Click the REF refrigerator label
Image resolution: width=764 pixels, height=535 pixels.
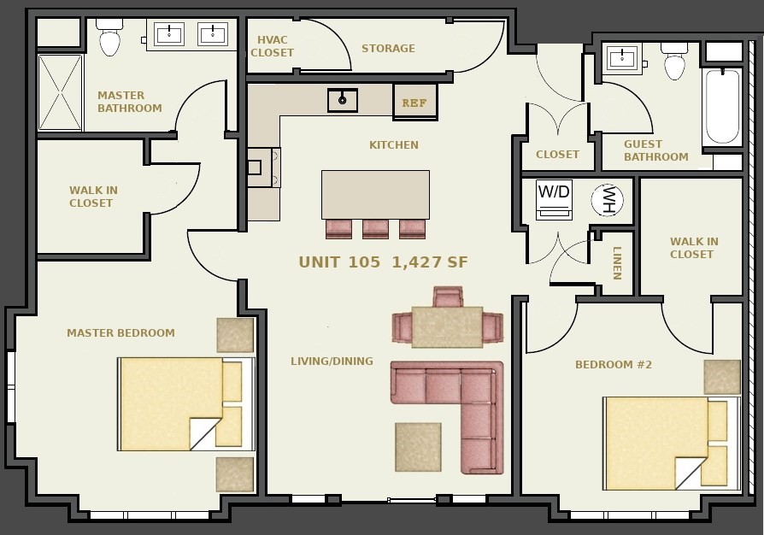414,103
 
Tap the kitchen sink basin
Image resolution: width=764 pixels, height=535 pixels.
343,100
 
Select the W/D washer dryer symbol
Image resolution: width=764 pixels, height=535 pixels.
554,200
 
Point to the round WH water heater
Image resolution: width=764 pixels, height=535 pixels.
607,199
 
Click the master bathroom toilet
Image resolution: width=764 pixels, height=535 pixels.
109,37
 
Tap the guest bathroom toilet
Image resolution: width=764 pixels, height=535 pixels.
674,61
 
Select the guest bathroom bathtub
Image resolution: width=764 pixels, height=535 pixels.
722,107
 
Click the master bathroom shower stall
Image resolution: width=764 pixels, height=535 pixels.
61,92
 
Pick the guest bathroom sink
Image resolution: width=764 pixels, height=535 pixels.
623,58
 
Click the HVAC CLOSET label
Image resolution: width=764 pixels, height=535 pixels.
273,46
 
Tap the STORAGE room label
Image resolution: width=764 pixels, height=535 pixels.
388,48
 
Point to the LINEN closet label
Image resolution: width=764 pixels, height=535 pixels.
617,262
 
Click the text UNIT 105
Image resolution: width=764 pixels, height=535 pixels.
339,262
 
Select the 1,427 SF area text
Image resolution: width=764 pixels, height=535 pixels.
430,262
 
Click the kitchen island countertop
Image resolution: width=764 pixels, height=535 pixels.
375,194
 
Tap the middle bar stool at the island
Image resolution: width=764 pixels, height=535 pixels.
375,229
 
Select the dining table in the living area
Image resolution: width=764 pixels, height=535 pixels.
447,326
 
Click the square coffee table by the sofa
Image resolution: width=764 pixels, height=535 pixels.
418,447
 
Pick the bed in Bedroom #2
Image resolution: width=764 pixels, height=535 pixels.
672,444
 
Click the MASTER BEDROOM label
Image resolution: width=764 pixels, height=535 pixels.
120,333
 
